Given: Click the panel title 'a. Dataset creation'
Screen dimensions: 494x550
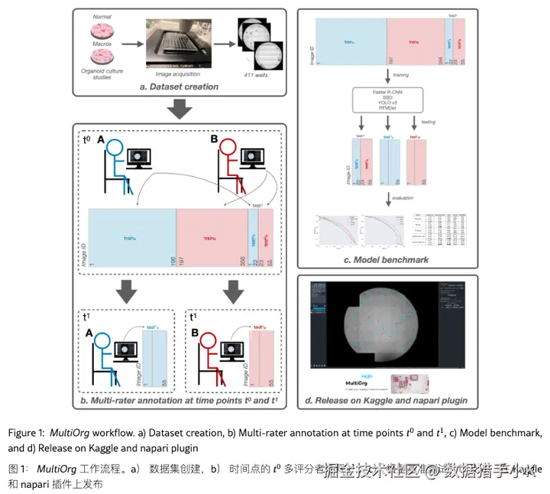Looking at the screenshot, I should click(179, 86).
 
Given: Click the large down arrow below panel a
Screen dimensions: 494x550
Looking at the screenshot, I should click(179, 109).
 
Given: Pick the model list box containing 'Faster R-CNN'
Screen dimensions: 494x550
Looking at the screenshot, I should click(388, 99).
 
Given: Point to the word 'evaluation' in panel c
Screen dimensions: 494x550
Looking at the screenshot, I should click(403, 199).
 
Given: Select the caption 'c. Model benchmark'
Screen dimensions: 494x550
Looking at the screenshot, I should click(386, 260).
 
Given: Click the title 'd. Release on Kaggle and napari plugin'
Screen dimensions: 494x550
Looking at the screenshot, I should click(386, 400).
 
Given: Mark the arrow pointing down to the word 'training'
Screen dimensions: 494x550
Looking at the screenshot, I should click(388, 76).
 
